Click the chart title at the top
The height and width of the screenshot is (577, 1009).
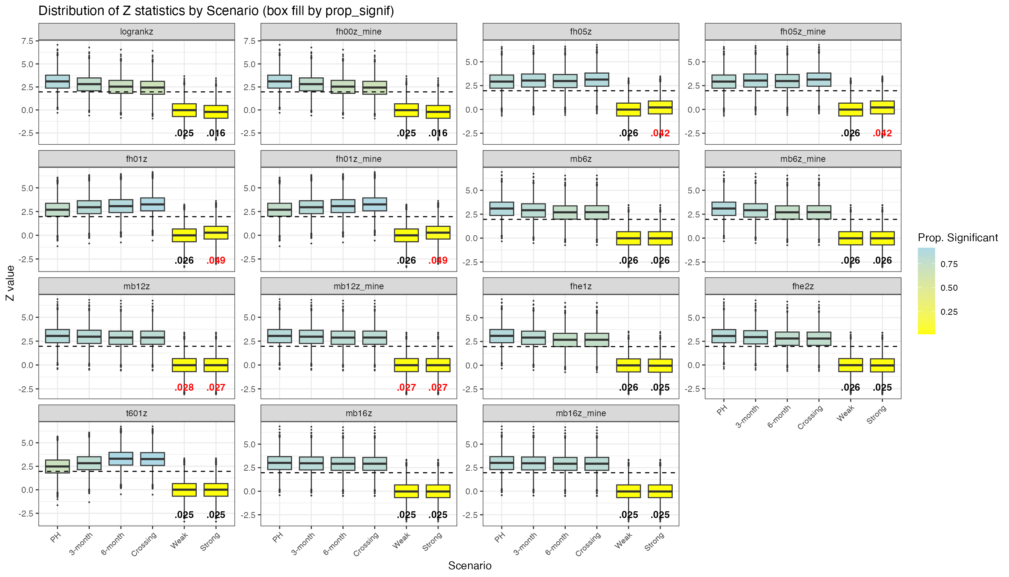click(x=216, y=11)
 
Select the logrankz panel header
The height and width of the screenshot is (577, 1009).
click(x=136, y=32)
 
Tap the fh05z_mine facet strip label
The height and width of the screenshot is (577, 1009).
click(x=802, y=32)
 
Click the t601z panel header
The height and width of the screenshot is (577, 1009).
click(x=136, y=413)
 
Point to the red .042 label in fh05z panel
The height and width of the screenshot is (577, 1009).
click(x=660, y=133)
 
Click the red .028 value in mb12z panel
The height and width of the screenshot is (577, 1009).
click(x=184, y=388)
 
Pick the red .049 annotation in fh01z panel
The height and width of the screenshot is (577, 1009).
click(x=216, y=260)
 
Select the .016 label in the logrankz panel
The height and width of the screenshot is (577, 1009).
click(x=216, y=133)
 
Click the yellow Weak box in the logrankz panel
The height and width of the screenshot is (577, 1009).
click(x=184, y=110)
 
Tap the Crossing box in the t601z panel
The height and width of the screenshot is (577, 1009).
click(x=152, y=459)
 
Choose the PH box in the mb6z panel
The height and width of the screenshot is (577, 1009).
click(x=502, y=209)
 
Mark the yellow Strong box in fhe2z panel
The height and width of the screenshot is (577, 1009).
click(x=882, y=365)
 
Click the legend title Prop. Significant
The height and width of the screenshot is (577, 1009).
click(x=958, y=238)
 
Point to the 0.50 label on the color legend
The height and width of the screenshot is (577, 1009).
click(x=949, y=288)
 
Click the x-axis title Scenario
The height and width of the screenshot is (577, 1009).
click(x=470, y=566)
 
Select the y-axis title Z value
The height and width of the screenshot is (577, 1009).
click(x=10, y=283)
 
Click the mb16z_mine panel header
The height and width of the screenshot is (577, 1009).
click(x=581, y=413)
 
